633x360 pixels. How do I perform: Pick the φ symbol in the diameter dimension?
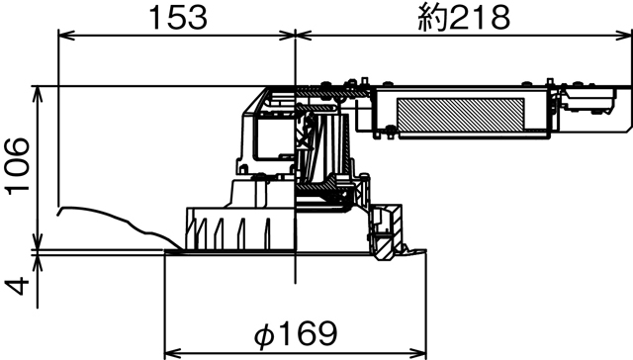point(263,331)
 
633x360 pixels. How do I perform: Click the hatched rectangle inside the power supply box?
point(461,114)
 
